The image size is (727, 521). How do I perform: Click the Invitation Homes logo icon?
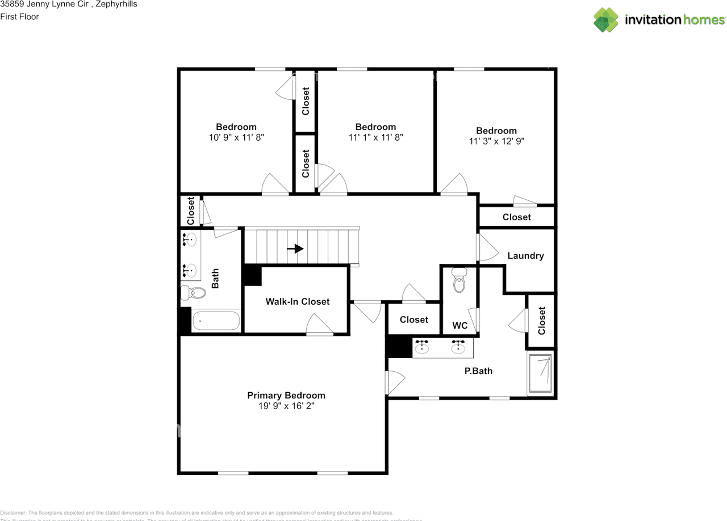pyautogui.click(x=606, y=20)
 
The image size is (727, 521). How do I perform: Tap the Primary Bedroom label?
pyautogui.click(x=286, y=396)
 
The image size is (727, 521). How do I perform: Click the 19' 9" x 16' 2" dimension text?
pyautogui.click(x=286, y=406)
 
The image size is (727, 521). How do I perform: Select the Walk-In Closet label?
pyautogui.click(x=297, y=301)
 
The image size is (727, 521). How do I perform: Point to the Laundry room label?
pyautogui.click(x=525, y=255)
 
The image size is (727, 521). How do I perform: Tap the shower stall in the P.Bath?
pyautogui.click(x=540, y=373)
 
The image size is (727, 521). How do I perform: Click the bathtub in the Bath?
pyautogui.click(x=216, y=321)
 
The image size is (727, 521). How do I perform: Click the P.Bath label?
pyautogui.click(x=478, y=371)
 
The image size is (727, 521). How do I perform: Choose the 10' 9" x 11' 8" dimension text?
pyautogui.click(x=236, y=137)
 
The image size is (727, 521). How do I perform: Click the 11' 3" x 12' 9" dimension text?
pyautogui.click(x=496, y=141)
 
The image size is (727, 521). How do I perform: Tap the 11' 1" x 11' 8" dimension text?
pyautogui.click(x=375, y=137)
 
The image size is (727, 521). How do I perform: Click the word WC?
pyautogui.click(x=459, y=326)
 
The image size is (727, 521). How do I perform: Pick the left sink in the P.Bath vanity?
pyautogui.click(x=422, y=347)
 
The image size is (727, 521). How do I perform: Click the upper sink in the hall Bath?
pyautogui.click(x=191, y=240)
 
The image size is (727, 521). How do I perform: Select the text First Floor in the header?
pyautogui.click(x=19, y=16)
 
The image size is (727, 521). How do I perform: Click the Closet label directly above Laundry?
pyautogui.click(x=516, y=217)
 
